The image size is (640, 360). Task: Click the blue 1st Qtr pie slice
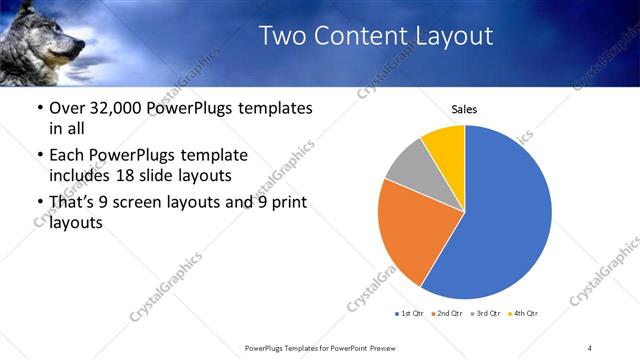tap(505, 220)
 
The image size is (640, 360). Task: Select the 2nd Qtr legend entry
tap(445, 314)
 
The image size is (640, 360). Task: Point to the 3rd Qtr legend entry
tap(484, 314)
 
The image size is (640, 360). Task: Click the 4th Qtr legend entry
tap(522, 314)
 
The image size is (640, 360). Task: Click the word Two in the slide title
tap(281, 36)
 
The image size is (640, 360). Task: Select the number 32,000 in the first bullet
tap(117, 108)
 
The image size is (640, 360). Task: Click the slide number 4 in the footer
tap(590, 347)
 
